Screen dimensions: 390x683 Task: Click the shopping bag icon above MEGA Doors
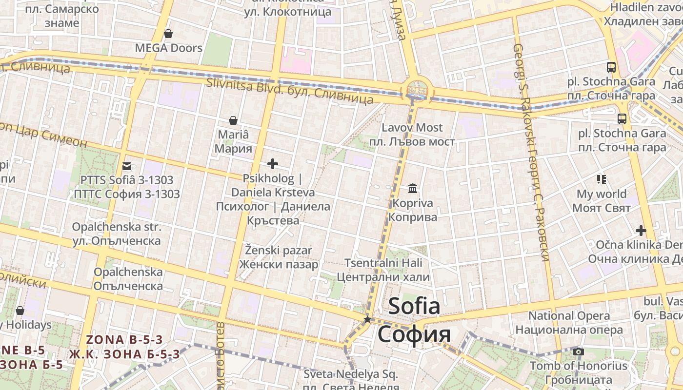pos(168,34)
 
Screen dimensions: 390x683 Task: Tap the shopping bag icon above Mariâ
pos(233,120)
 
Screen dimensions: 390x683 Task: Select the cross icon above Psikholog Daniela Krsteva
pos(273,164)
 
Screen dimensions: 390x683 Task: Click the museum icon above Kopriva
pos(413,188)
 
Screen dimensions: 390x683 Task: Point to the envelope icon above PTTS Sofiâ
pos(127,166)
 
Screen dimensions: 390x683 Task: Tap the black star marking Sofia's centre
pos(367,319)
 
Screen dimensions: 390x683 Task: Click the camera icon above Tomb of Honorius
pos(579,351)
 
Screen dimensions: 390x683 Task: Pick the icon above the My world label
pos(602,179)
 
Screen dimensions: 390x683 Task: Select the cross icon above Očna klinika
pos(641,230)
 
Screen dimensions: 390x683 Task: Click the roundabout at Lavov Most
pos(417,90)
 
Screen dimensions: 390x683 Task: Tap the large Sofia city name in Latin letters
pos(414,306)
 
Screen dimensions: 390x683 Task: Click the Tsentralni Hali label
pos(383,263)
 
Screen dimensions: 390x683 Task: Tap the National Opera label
pos(569,315)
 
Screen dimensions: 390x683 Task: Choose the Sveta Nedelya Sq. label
pos(351,374)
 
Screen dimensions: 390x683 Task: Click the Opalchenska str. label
pos(117,227)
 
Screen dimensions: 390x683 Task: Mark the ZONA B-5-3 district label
pos(124,340)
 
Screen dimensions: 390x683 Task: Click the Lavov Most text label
pos(412,128)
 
